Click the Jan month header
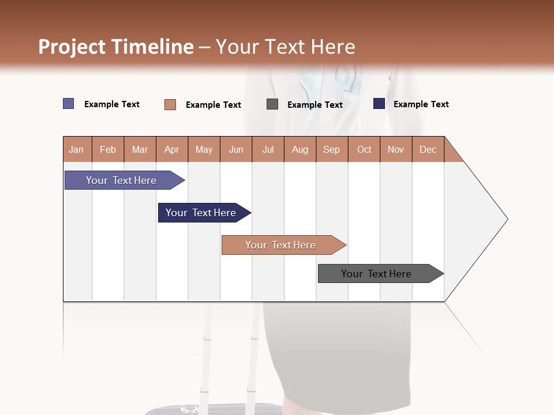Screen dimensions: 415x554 77,149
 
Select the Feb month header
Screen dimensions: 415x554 108,149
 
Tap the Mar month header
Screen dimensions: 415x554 140,149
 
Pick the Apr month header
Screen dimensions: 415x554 172,149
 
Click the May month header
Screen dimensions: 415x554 204,149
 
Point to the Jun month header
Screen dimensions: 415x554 236,149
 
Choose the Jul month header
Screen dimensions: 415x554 268,149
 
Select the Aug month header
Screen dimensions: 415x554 300,149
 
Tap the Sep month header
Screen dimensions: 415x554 332,149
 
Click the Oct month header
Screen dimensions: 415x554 364,149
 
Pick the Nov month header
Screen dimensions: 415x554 396,149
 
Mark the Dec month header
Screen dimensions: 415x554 428,149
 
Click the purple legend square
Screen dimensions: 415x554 69,104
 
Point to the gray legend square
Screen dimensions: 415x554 272,104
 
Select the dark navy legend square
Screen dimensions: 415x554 379,104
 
